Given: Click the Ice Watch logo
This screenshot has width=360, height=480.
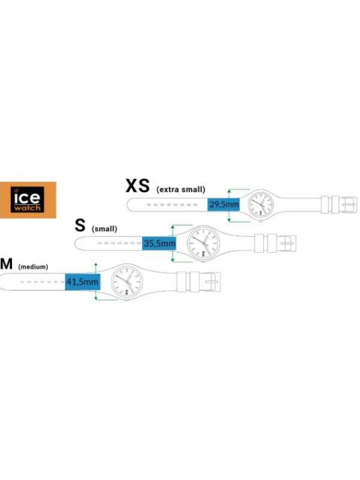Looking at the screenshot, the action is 28,200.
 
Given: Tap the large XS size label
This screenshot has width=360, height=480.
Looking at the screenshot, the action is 138,186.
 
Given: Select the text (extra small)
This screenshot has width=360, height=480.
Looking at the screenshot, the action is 181,190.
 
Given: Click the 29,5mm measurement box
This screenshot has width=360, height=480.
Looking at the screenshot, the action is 223,204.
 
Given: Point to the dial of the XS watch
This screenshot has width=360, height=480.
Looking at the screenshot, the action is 260,204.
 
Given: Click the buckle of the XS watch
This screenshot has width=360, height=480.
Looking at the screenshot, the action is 349,204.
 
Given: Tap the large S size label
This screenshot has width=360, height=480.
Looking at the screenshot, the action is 80,225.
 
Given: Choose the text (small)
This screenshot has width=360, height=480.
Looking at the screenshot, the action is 104,229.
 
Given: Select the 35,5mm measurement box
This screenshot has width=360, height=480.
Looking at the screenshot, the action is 159,244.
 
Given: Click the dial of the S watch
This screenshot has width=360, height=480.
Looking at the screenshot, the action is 203,243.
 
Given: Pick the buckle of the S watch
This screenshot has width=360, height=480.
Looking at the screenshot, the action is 289,244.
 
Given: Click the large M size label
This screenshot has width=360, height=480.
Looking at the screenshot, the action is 7,263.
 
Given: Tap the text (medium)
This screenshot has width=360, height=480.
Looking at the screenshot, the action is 33,266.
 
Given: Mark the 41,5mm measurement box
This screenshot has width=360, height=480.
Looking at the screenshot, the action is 82,281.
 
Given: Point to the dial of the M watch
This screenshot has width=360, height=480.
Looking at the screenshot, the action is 127,281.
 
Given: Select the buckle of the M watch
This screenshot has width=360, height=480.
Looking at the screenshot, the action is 213,281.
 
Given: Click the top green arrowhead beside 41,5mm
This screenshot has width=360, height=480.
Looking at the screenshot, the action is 96,265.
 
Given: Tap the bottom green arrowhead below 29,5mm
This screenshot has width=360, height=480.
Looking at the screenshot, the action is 229,220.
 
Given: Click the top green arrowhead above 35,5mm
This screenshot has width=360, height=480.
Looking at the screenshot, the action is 173,227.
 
